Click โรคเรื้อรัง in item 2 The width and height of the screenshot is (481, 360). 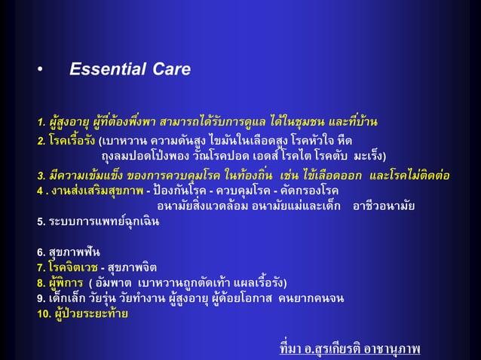[73, 141]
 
